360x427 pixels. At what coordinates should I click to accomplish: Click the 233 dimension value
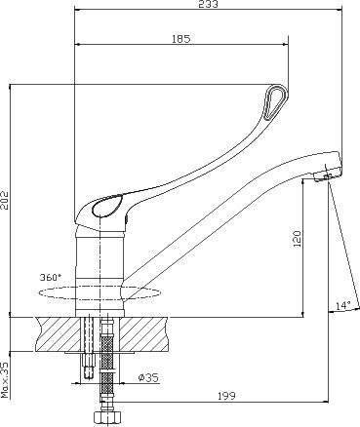tap(209, 4)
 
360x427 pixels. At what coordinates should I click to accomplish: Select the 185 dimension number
tap(180, 39)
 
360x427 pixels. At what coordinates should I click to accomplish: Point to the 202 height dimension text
tap(6, 199)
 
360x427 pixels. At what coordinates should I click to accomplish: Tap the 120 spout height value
tap(298, 239)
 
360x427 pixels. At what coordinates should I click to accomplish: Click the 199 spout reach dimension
tap(226, 396)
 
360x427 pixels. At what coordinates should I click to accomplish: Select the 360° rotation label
tap(50, 277)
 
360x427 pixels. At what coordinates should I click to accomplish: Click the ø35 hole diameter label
tap(148, 377)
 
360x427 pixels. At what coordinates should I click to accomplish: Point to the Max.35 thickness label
tap(6, 379)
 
